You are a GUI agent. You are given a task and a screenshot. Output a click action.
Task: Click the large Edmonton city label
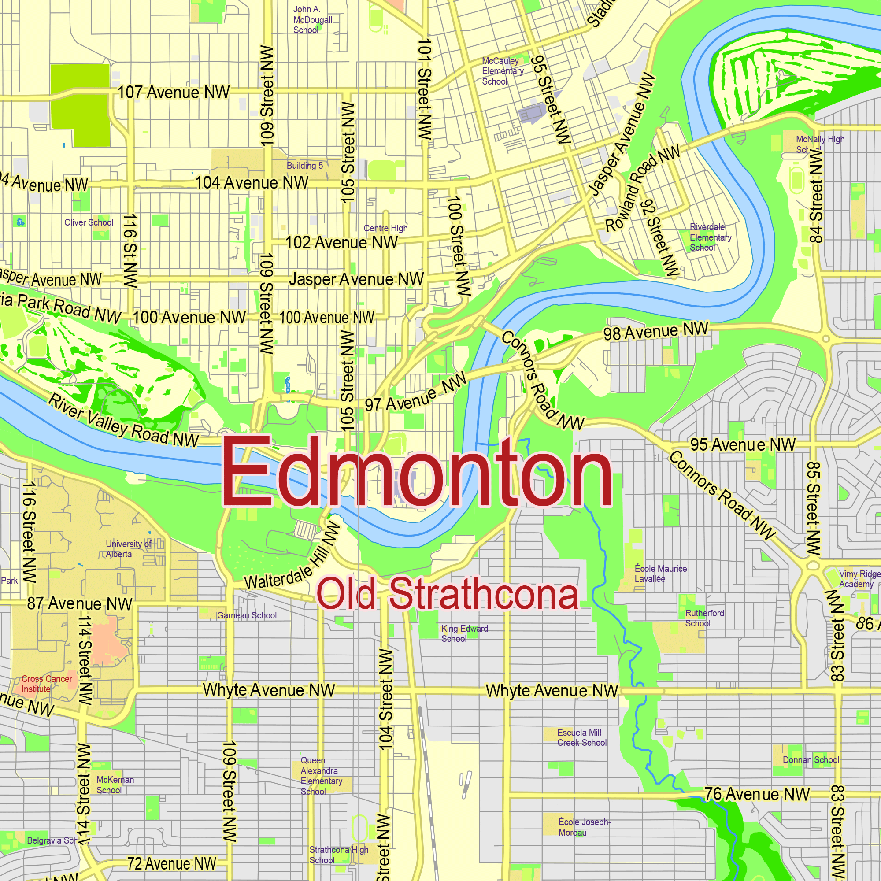pyautogui.click(x=417, y=472)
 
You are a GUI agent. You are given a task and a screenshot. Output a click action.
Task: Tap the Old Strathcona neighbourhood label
pyautogui.click(x=448, y=594)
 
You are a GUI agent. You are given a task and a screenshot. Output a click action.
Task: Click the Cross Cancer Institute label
pyautogui.click(x=46, y=684)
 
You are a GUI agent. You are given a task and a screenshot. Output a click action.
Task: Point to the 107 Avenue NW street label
pyautogui.click(x=173, y=93)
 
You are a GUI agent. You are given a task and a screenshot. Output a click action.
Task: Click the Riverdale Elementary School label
pyautogui.click(x=710, y=237)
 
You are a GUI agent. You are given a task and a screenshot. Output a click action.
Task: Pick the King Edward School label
pyautogui.click(x=464, y=633)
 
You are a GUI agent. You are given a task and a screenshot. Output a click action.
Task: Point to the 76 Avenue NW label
pyautogui.click(x=757, y=794)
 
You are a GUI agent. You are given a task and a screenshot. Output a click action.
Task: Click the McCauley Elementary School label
pyautogui.click(x=502, y=71)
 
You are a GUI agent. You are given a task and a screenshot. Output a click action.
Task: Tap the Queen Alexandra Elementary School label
pyautogui.click(x=321, y=776)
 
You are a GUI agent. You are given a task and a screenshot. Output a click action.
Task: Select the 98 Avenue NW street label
pyautogui.click(x=655, y=332)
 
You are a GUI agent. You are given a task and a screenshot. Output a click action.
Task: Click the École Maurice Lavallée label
pyautogui.click(x=660, y=574)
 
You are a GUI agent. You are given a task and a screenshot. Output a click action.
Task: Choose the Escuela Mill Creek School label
pyautogui.click(x=581, y=737)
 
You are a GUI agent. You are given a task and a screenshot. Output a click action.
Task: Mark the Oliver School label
pyautogui.click(x=89, y=222)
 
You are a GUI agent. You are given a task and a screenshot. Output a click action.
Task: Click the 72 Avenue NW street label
pyautogui.click(x=171, y=864)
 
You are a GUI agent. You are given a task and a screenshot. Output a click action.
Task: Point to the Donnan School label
pyautogui.click(x=811, y=760)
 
